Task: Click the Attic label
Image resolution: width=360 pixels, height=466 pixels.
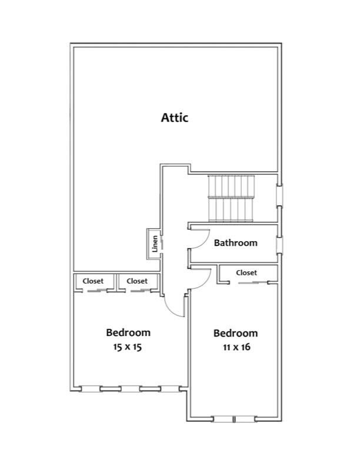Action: tap(175, 118)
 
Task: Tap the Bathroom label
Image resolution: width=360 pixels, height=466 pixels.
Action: tap(235, 243)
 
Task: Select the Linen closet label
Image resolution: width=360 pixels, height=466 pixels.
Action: tap(155, 244)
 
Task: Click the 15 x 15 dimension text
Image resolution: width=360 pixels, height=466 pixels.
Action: tap(128, 347)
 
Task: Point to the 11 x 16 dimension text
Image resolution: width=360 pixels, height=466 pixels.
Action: tap(236, 347)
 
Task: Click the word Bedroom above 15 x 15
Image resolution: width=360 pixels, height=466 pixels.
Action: tap(128, 332)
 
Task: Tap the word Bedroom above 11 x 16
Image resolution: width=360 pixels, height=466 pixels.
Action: tap(235, 333)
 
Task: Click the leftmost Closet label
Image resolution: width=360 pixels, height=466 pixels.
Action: tap(93, 281)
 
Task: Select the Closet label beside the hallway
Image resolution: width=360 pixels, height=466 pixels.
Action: tap(137, 281)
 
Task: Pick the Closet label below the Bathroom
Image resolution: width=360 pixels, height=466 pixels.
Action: tap(246, 272)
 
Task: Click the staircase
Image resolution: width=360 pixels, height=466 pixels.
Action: tap(231, 198)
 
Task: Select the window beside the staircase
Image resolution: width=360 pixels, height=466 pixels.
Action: tap(279, 195)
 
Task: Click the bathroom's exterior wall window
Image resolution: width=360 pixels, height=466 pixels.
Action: tap(279, 245)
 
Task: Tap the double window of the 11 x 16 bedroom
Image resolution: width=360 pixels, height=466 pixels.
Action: tap(234, 419)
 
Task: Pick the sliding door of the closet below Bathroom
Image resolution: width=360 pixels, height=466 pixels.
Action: tap(254, 282)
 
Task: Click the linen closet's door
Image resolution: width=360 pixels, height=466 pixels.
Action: tap(162, 243)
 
